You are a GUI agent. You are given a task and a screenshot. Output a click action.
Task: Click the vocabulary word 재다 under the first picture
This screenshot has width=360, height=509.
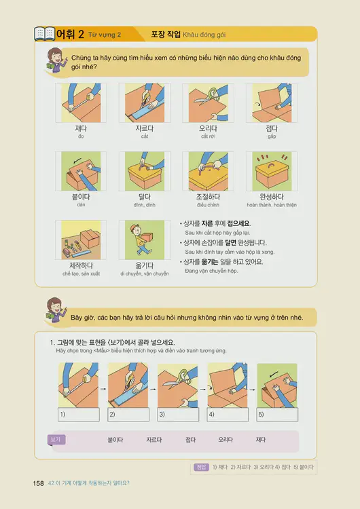point(81,128)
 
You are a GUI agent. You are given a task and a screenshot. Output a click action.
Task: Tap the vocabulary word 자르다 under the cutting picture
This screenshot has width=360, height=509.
point(144,128)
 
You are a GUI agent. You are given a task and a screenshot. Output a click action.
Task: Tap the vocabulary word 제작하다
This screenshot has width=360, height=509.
point(81,265)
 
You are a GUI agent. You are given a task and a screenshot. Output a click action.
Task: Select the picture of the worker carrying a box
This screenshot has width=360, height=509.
point(144,240)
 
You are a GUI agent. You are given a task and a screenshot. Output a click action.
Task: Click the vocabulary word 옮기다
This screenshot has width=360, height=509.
point(144,265)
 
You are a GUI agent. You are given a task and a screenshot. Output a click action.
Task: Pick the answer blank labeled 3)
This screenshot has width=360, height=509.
point(178,413)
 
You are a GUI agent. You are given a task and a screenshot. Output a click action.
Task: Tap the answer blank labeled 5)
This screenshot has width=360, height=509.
point(278,413)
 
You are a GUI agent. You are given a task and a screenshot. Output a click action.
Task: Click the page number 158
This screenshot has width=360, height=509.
point(38,483)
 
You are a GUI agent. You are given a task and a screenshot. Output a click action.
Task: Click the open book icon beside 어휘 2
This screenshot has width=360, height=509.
point(44,33)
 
